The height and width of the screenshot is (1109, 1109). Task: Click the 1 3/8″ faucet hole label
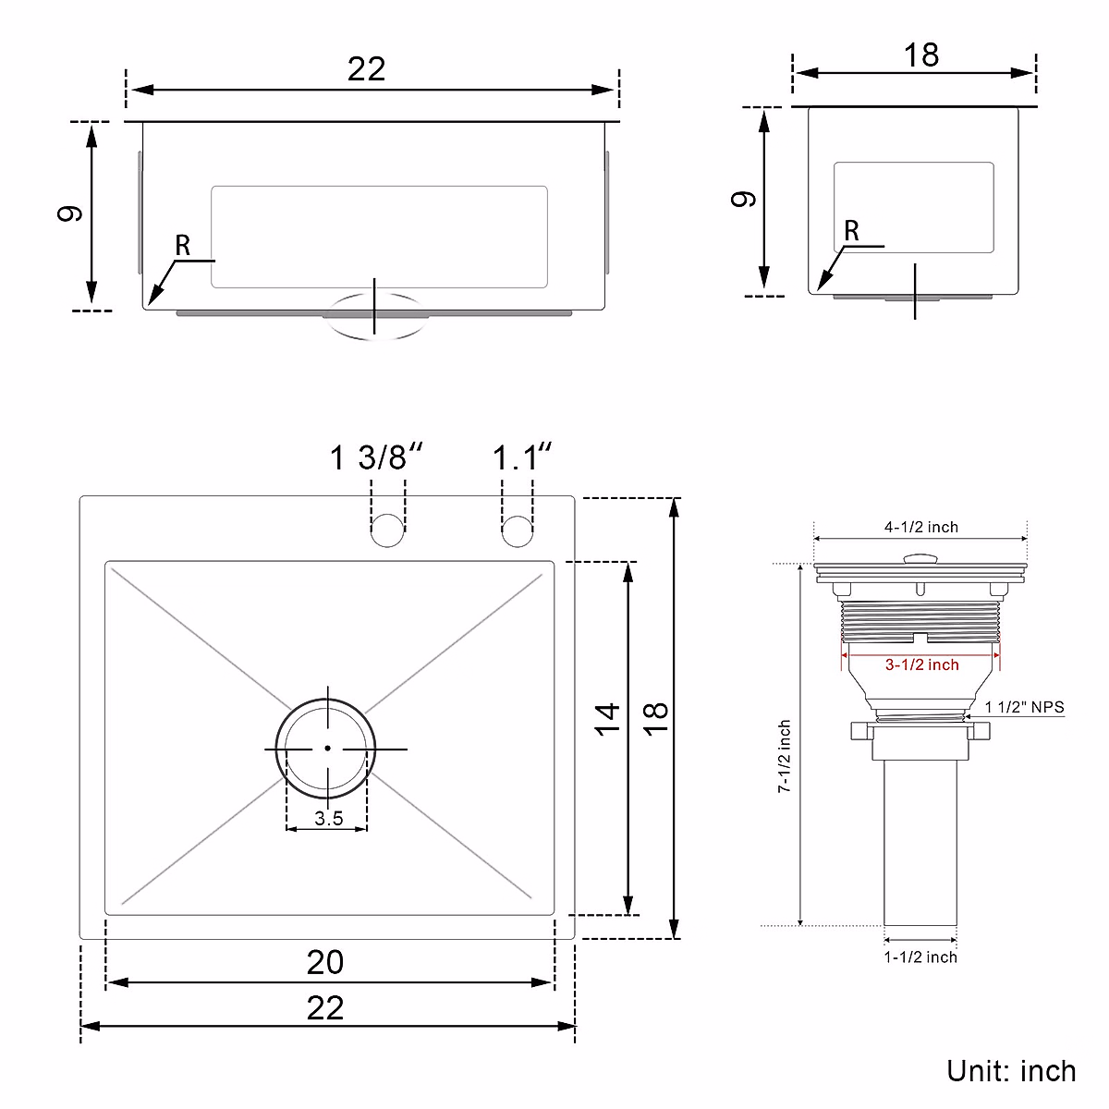click(376, 457)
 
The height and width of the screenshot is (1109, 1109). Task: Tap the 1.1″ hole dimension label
click(521, 457)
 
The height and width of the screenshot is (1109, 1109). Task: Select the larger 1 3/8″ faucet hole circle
click(388, 530)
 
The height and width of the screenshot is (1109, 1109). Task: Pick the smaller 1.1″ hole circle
click(518, 530)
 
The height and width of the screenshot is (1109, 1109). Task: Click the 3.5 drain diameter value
click(328, 818)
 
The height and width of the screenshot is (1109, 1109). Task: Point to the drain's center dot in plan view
click(327, 749)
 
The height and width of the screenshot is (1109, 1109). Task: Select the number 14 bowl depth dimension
click(607, 718)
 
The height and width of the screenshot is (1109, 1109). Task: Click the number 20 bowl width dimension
click(325, 962)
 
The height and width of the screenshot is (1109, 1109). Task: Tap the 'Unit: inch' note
click(1011, 1070)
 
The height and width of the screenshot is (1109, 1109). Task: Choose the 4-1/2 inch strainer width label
click(920, 527)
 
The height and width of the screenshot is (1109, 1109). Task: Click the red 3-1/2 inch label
click(921, 664)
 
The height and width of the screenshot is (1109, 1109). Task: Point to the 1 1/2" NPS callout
click(1024, 707)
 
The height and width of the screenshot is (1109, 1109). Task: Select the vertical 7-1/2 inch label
click(784, 757)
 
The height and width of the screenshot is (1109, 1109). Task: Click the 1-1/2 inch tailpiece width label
click(920, 957)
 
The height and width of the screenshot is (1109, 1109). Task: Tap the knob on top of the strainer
click(920, 558)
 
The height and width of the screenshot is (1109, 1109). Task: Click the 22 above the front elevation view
click(366, 69)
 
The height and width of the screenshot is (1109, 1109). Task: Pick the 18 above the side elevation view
click(920, 55)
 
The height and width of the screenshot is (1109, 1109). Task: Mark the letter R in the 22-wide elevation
click(183, 246)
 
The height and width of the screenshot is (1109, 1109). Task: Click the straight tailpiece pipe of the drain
click(920, 841)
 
